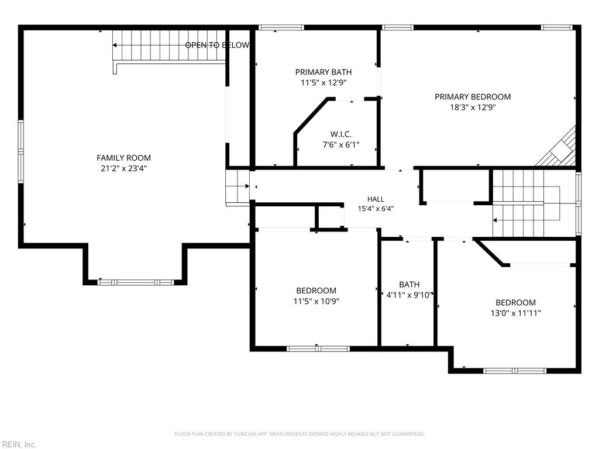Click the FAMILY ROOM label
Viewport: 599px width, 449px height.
[x=123, y=158]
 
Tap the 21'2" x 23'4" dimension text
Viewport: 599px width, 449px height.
[x=123, y=168]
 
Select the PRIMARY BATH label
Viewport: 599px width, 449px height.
[x=323, y=72]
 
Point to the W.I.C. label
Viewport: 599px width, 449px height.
[x=341, y=134]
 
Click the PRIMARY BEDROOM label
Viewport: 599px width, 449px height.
[x=473, y=96]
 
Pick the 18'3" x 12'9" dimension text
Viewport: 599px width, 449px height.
[x=473, y=108]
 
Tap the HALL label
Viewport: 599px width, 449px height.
[x=376, y=199]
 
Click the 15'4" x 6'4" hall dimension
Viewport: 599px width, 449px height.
[x=376, y=209]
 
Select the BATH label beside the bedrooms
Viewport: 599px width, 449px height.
[x=409, y=285]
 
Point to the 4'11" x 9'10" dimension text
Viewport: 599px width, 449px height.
[x=409, y=295]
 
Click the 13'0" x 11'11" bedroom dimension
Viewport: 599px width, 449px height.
[x=516, y=313]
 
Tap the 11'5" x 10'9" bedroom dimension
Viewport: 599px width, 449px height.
[x=316, y=301]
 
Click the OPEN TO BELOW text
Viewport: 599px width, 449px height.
[x=217, y=45]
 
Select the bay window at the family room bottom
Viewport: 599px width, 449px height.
[x=136, y=282]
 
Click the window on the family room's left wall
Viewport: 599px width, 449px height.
[x=20, y=152]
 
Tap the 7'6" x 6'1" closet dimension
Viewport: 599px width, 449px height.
[x=341, y=145]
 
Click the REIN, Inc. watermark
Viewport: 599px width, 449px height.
[x=18, y=444]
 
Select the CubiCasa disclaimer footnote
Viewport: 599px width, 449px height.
[x=299, y=434]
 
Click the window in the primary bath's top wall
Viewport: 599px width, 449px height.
[x=281, y=27]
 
